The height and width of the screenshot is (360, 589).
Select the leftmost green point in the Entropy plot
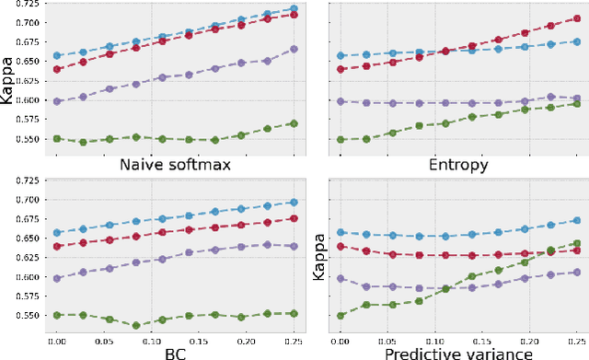tap(341, 139)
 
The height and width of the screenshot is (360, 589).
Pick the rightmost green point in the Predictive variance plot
tap(577, 244)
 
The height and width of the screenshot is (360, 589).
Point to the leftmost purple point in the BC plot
tap(57, 278)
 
